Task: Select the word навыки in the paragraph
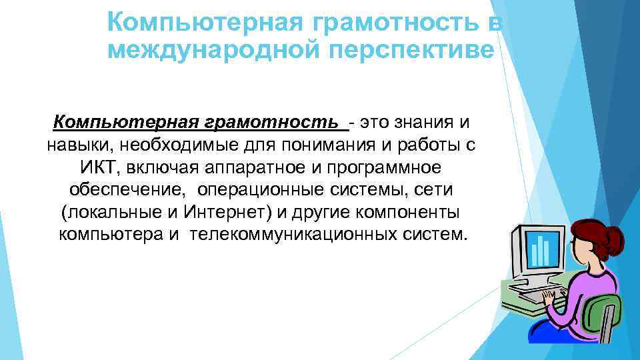(79, 145)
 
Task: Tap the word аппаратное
(245, 168)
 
